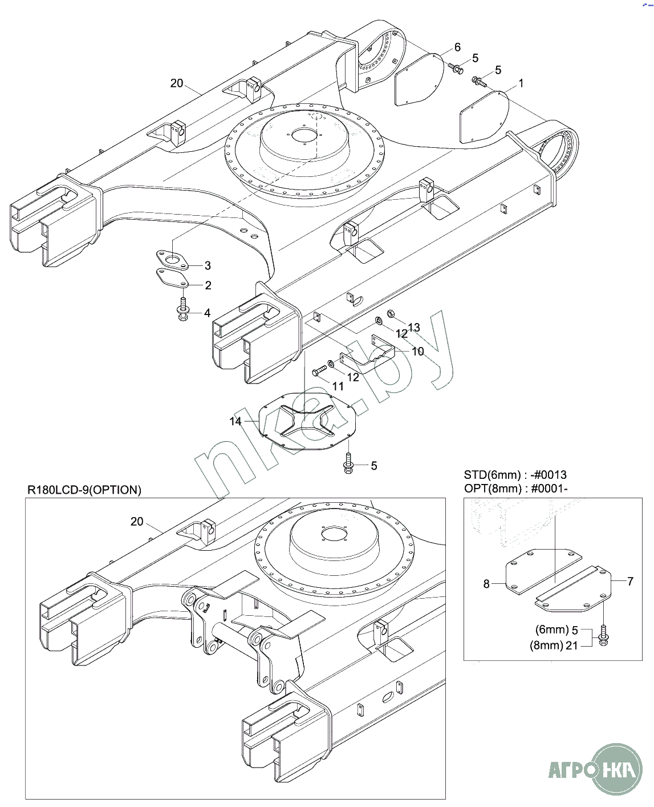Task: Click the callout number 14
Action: (x=235, y=421)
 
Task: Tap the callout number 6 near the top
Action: (x=457, y=47)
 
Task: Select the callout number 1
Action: (x=521, y=83)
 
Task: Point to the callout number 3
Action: (x=208, y=265)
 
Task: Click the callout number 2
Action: (x=208, y=285)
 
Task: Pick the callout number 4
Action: (x=207, y=313)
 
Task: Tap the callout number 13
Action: (x=414, y=328)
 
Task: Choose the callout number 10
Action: (x=417, y=352)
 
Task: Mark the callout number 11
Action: (x=338, y=386)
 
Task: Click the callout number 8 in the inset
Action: (x=486, y=584)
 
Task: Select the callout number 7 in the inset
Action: (x=630, y=581)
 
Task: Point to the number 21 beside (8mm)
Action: (x=571, y=645)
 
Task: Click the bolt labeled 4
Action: (x=184, y=309)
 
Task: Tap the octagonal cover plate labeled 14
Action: (x=307, y=421)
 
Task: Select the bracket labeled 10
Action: (x=367, y=354)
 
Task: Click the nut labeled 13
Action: (x=391, y=314)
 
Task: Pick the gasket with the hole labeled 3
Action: (x=172, y=260)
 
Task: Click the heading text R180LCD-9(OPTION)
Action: (x=84, y=490)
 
